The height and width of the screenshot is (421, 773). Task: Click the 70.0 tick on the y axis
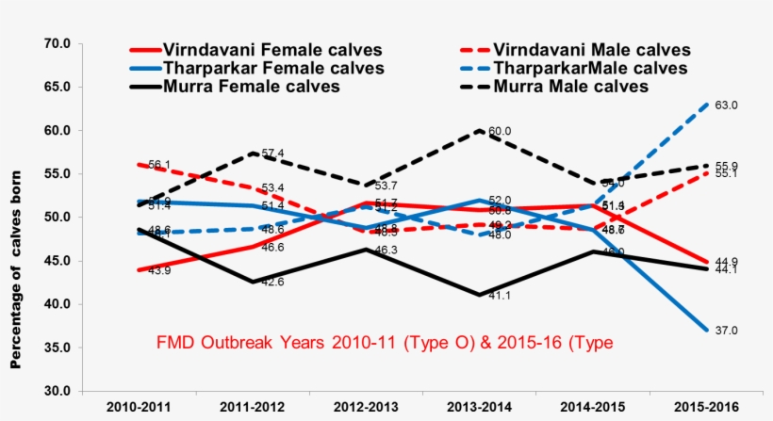pos(58,43)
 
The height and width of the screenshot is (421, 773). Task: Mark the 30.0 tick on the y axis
pos(58,391)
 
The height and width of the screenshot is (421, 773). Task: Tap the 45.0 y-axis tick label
pos(58,261)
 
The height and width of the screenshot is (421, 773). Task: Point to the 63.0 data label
pos(725,105)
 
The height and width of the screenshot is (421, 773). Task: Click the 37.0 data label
pos(725,331)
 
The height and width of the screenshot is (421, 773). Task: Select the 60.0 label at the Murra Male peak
pos(500,132)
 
